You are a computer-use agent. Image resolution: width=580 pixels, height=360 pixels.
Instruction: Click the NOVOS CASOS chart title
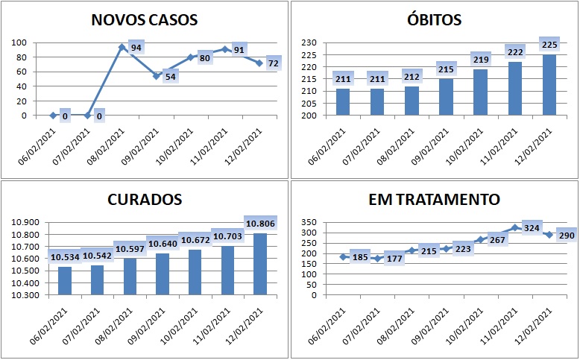(x=145, y=19)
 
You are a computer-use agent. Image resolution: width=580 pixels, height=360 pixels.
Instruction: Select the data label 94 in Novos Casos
(x=136, y=48)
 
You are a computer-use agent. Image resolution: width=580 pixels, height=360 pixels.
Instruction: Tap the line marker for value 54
(x=157, y=76)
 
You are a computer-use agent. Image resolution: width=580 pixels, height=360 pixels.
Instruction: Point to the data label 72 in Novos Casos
(x=273, y=64)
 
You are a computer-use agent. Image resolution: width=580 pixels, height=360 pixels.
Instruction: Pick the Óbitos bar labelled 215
(x=446, y=97)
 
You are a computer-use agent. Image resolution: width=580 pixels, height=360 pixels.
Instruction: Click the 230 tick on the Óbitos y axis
(x=308, y=43)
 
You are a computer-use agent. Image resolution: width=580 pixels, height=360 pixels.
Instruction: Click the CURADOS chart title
(x=145, y=200)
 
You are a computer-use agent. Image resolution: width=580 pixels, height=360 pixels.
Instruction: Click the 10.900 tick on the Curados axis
(x=28, y=223)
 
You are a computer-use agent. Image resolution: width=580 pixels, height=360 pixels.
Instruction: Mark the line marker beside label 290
(x=549, y=235)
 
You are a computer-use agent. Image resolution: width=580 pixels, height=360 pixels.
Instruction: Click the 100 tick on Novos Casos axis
(x=20, y=43)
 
